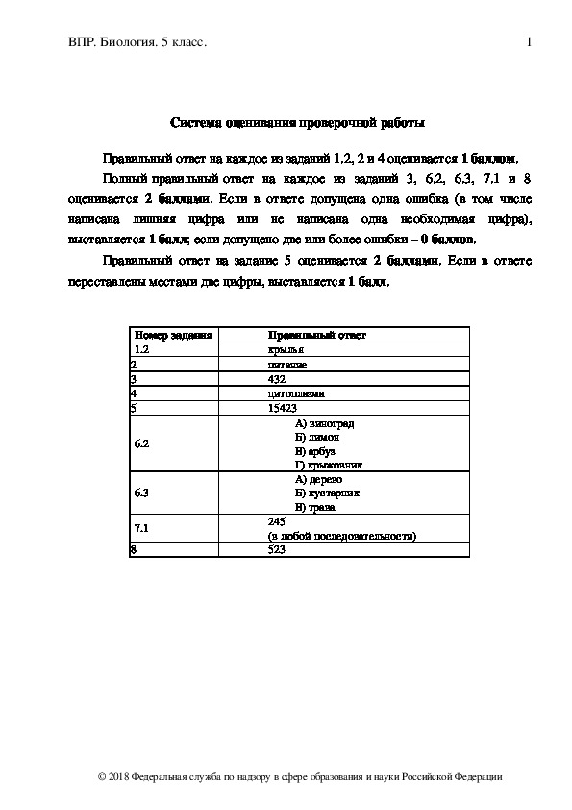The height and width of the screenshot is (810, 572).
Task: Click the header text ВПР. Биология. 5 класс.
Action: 137,42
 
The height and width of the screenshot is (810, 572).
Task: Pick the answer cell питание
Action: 288,366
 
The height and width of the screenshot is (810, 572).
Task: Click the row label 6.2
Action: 142,443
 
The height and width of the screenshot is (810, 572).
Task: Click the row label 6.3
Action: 142,492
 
